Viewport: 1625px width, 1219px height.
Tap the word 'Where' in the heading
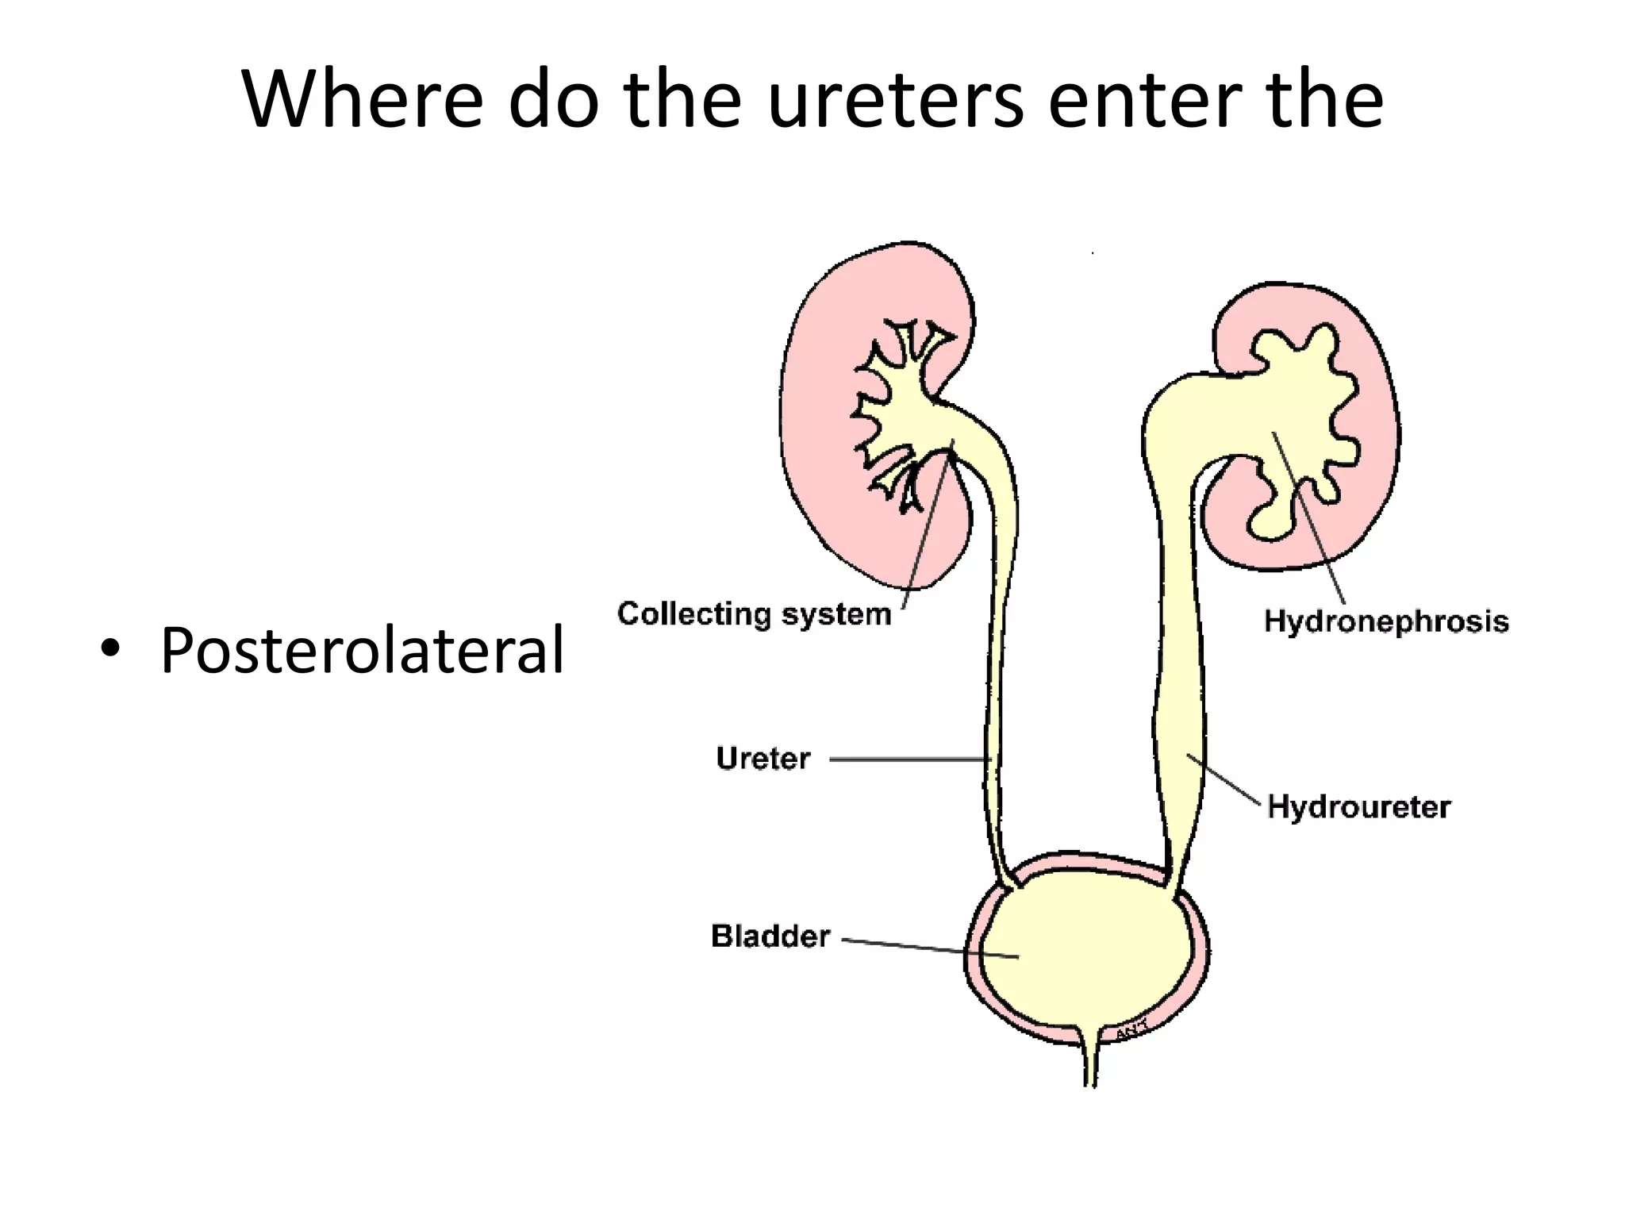(x=362, y=101)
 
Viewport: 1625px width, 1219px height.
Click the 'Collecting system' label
(x=755, y=614)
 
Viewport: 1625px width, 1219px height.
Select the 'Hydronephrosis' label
(x=1385, y=621)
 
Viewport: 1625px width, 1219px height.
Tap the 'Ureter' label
(x=763, y=759)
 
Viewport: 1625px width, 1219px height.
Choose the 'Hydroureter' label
(x=1358, y=807)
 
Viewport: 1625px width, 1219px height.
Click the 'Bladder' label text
(x=770, y=936)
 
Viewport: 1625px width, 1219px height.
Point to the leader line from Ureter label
(x=909, y=759)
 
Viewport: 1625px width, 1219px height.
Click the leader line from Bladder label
(x=928, y=948)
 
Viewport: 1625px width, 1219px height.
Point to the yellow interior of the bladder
(x=1087, y=952)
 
